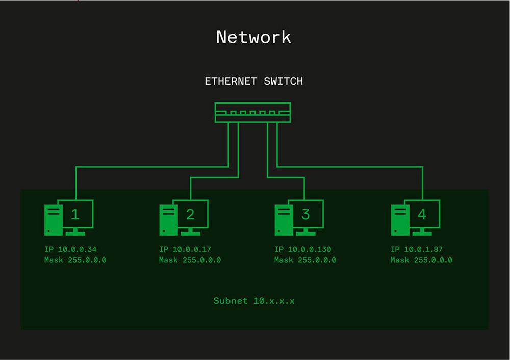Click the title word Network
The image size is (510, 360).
(253, 37)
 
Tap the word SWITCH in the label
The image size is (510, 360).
(284, 81)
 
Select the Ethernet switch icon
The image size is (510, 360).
(253, 113)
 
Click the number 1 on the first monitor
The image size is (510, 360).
(75, 214)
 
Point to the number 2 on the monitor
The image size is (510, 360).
(190, 214)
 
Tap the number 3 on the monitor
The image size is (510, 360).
(305, 214)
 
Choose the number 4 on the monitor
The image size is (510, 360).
(422, 214)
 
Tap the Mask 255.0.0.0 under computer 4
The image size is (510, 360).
(421, 260)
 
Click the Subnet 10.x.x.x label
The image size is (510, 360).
(253, 301)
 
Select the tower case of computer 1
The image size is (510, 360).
(52, 220)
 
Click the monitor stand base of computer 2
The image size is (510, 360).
(191, 233)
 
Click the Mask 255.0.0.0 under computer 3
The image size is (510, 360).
(305, 260)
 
